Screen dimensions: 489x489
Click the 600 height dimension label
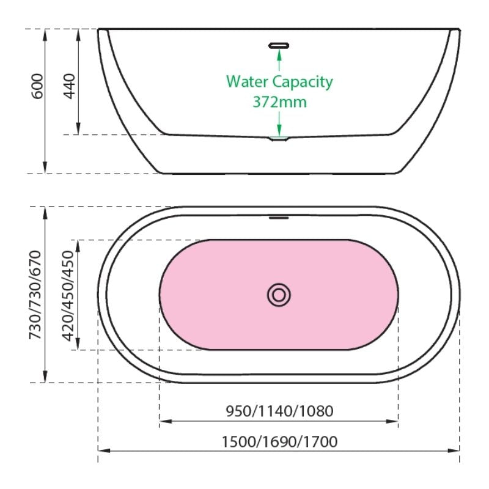click(37, 86)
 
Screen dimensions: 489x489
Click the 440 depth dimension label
click(69, 86)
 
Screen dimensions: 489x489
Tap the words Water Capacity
click(279, 82)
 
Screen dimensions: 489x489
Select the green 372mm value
click(279, 102)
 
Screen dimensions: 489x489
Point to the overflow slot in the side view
click(279, 46)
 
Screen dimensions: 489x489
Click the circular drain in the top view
click(279, 295)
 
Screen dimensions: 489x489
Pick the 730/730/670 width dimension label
click(35, 295)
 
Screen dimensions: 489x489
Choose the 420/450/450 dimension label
click(68, 295)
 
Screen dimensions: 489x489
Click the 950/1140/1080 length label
click(279, 411)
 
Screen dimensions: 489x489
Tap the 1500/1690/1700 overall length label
click(279, 441)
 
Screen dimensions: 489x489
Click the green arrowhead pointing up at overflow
click(279, 54)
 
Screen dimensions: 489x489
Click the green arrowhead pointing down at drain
click(279, 130)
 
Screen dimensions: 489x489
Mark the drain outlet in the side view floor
click(279, 139)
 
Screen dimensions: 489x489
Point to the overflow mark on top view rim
click(279, 218)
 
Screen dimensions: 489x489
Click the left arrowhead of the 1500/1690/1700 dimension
click(104, 450)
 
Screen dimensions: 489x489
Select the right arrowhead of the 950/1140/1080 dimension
click(392, 421)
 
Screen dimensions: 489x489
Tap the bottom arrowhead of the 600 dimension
click(45, 167)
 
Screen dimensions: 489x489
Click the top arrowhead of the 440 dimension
click(78, 35)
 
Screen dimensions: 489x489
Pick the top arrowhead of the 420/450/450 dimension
click(78, 246)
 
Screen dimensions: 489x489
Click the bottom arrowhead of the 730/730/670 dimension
click(45, 377)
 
